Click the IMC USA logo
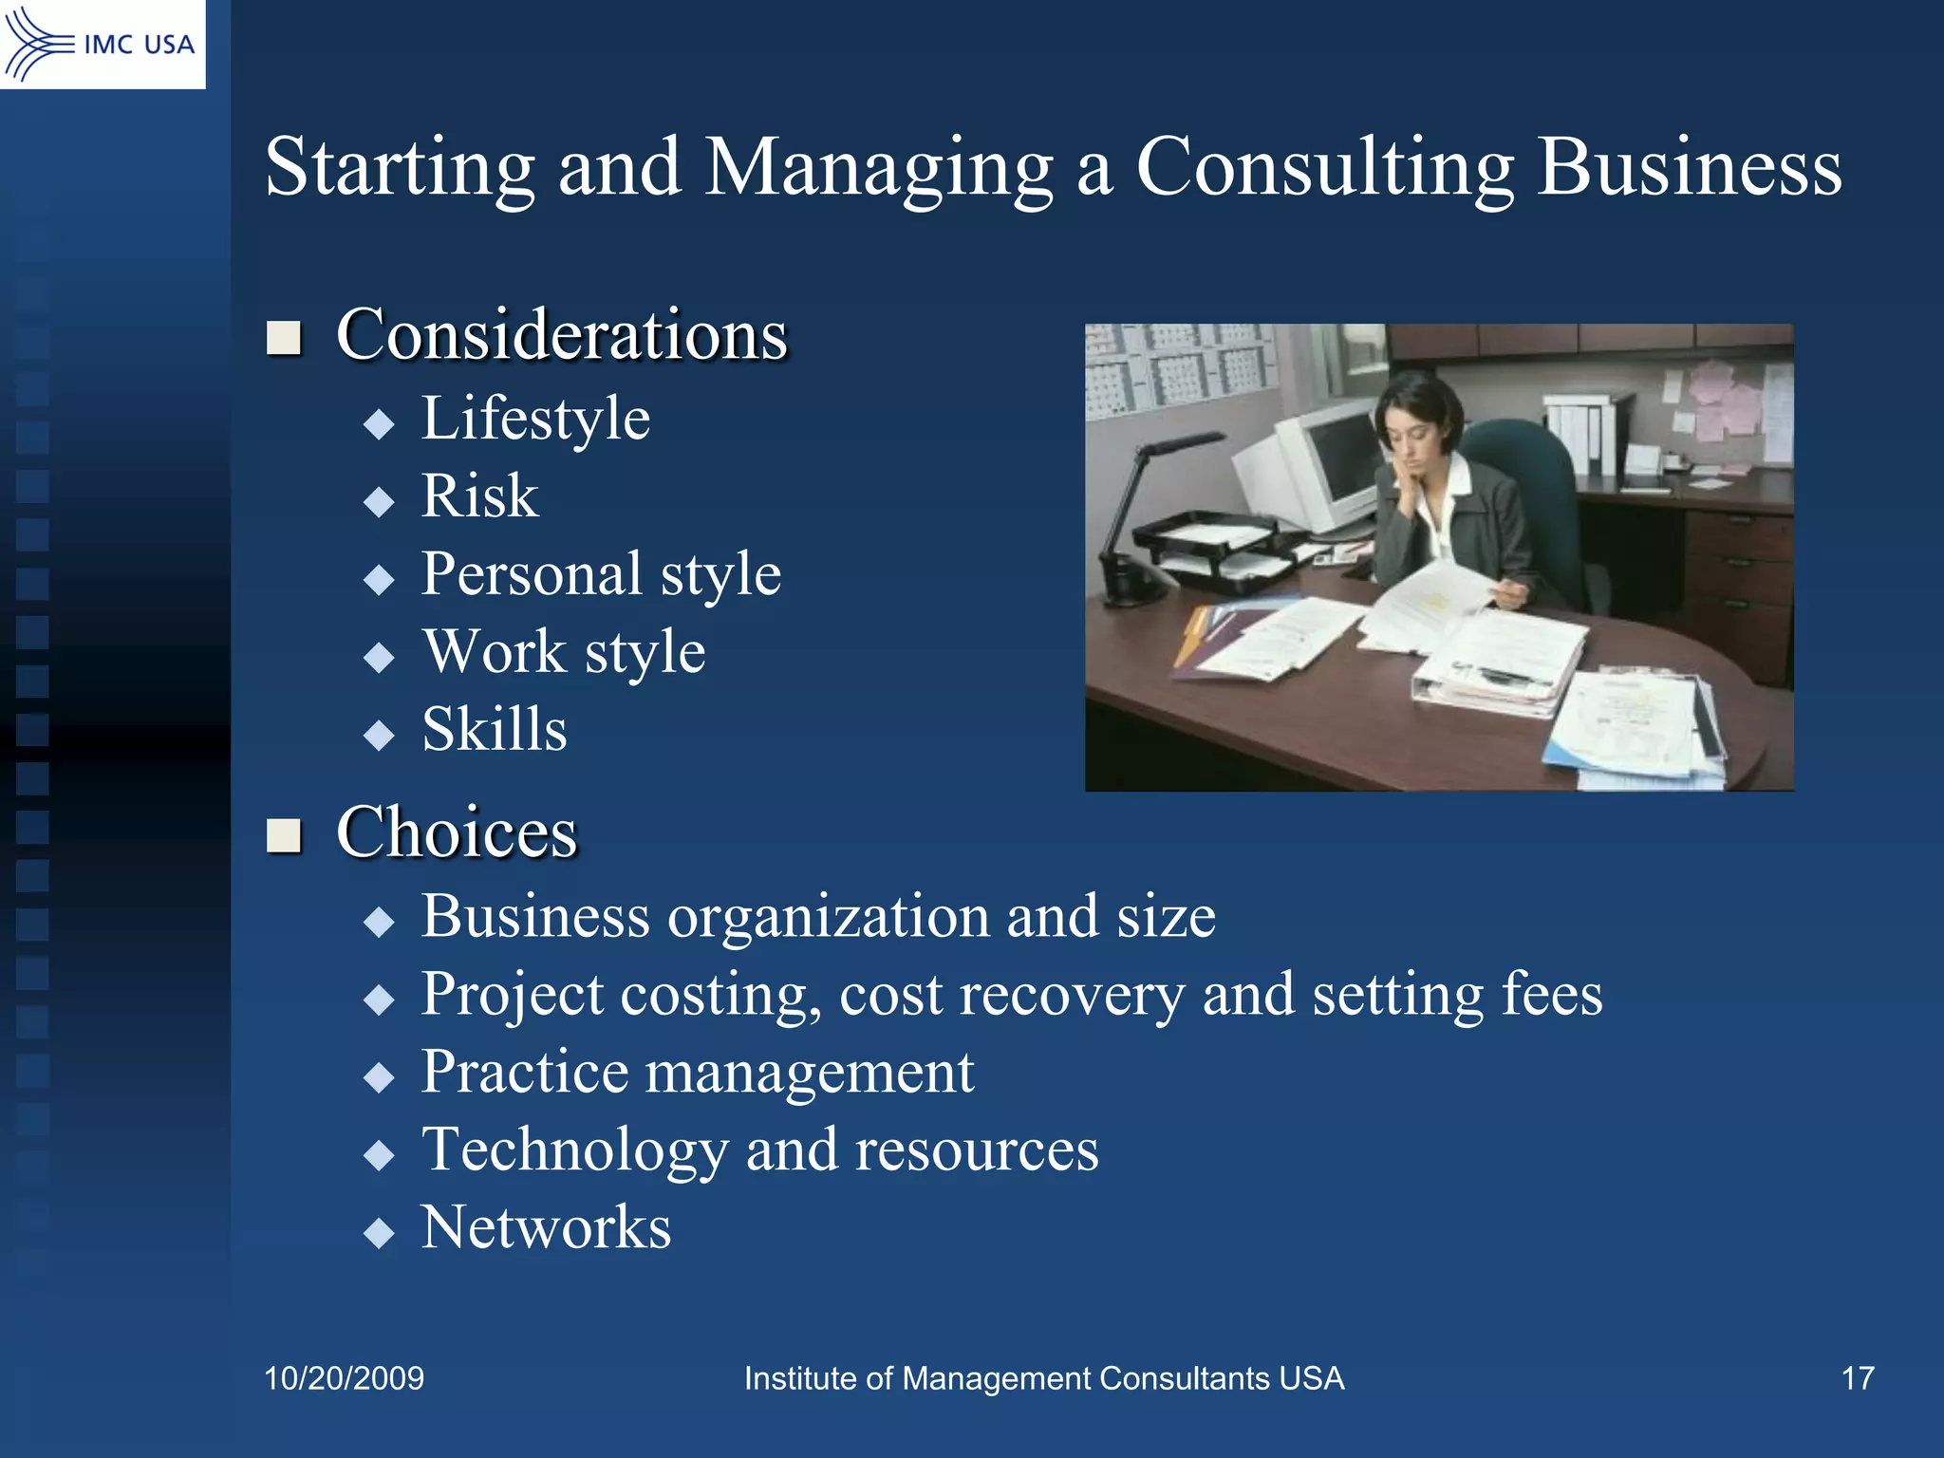(102, 44)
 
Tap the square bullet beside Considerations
(284, 337)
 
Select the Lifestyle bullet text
(535, 419)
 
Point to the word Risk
(479, 496)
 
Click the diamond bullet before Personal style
(379, 579)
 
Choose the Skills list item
(494, 730)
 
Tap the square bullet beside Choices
(284, 835)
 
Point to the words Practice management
(698, 1073)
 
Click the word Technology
(573, 1150)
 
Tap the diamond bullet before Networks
(379, 1233)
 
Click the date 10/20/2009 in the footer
(344, 1378)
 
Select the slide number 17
(1858, 1378)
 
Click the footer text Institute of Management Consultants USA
(1044, 1378)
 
